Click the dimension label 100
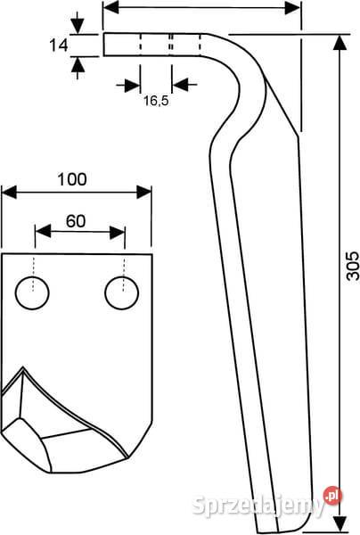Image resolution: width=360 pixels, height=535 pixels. coord(72,179)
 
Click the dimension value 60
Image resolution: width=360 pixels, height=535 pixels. coord(76,221)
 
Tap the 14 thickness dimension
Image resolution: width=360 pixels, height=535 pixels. coord(59,45)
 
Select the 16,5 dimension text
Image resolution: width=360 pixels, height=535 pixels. coord(156,101)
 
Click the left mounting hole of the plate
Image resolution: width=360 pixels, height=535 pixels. coord(32,293)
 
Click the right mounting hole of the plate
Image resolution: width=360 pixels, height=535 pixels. coord(122,293)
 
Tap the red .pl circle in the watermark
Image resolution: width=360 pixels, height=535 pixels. coord(332,495)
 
